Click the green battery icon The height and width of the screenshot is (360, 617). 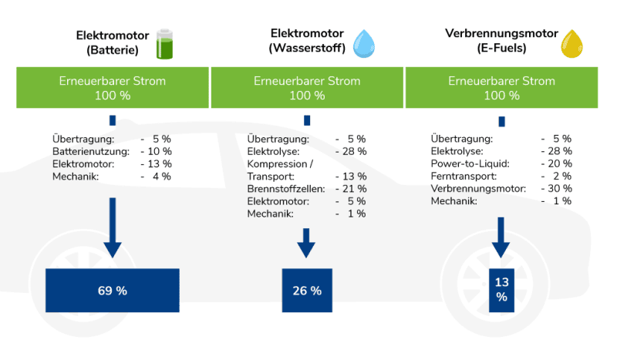tap(166, 44)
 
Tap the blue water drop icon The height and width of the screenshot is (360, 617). tap(362, 44)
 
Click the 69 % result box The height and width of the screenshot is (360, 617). tap(113, 291)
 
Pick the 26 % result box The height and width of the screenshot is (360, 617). tap(307, 291)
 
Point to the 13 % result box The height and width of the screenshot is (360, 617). tap(501, 291)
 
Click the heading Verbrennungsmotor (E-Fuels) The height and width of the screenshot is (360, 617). tap(491, 42)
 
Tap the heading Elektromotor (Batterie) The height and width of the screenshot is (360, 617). tap(107, 43)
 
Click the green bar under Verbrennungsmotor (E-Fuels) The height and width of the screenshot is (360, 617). tap(501, 88)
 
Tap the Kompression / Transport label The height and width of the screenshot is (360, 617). tap(280, 170)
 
